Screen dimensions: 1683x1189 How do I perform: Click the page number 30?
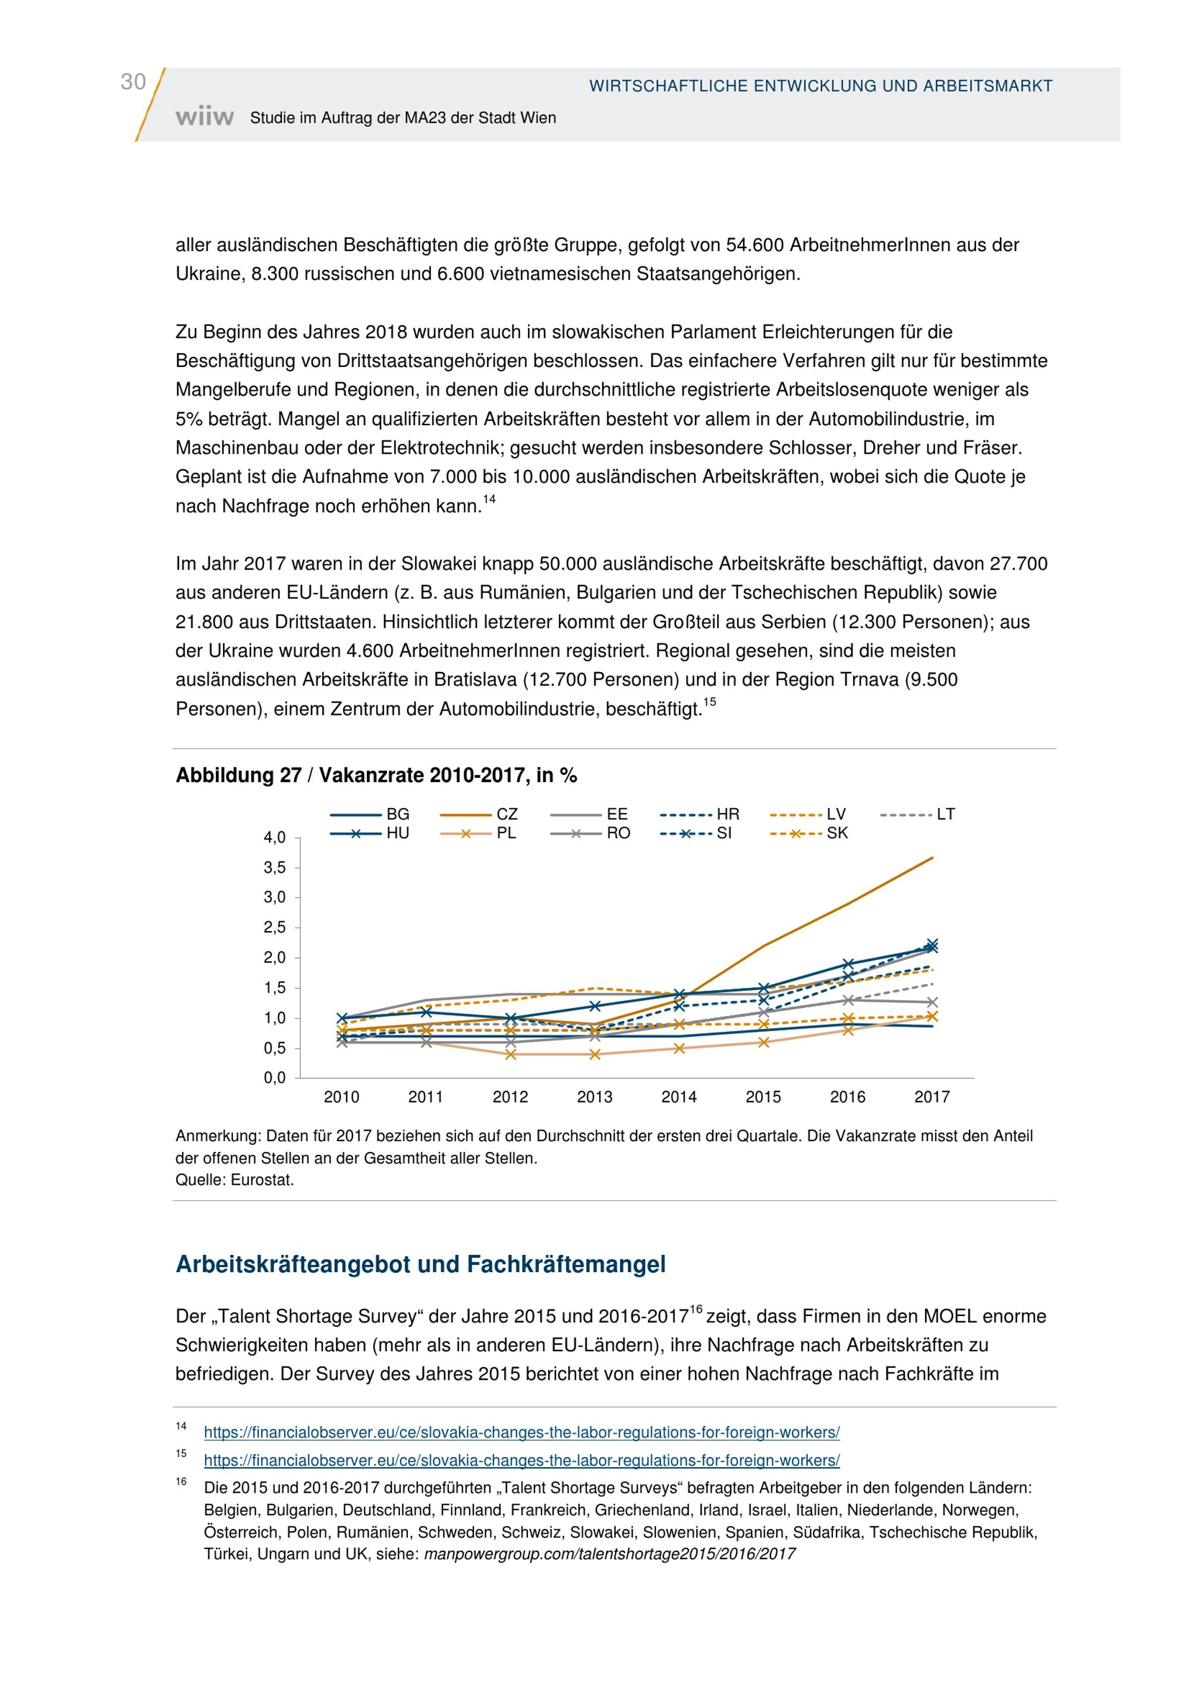[x=133, y=81]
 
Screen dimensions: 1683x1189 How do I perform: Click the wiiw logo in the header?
[x=205, y=117]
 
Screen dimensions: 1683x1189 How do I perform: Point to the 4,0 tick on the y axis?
[x=275, y=837]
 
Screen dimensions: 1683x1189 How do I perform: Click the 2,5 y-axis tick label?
[x=275, y=927]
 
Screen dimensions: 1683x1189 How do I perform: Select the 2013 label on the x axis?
[x=594, y=1097]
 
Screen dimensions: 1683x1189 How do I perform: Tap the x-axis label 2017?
[x=931, y=1097]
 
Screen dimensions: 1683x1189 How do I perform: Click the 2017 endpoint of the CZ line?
[x=932, y=857]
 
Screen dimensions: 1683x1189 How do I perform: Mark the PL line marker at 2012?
[x=511, y=1054]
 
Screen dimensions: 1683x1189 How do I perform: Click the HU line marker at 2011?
[x=426, y=1012]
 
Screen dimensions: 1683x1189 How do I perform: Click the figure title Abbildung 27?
[x=376, y=775]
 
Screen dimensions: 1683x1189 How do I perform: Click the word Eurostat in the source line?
[x=262, y=1180]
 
